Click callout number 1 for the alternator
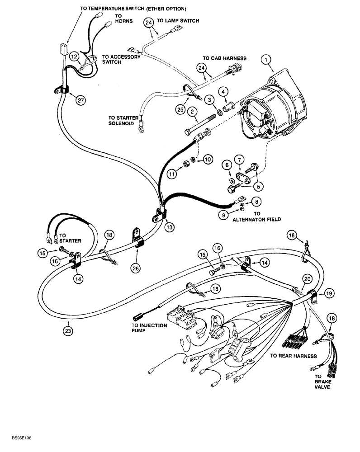(x=267, y=58)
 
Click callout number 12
(x=74, y=56)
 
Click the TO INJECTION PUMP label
(x=149, y=329)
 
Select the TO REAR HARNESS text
(x=293, y=356)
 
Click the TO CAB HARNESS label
(x=224, y=58)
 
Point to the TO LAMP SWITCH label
(x=178, y=21)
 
